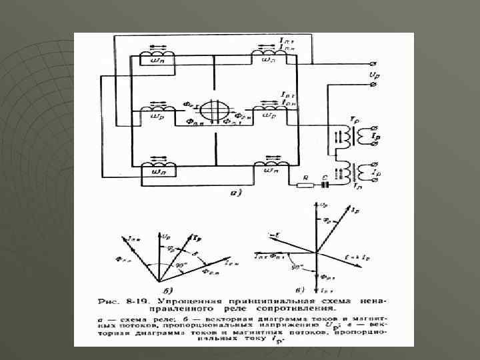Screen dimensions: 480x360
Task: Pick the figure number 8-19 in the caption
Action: coord(138,300)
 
